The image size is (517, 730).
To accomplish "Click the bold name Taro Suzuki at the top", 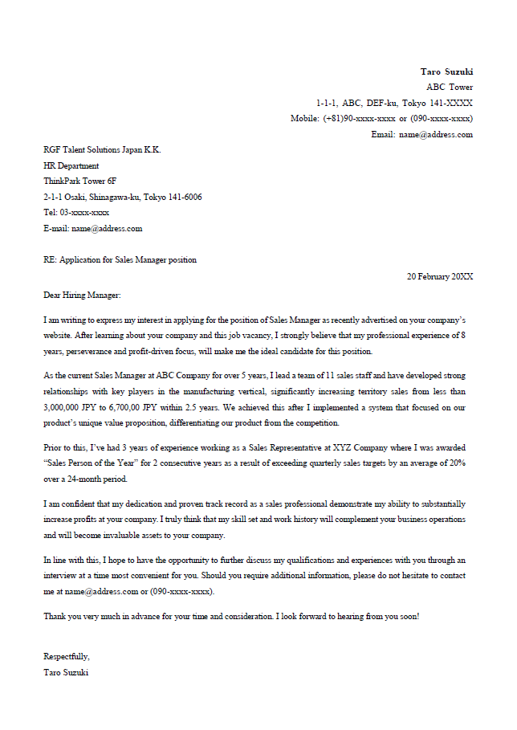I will click(446, 71).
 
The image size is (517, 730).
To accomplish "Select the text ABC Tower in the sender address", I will click(450, 87).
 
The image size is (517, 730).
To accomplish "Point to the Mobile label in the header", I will click(304, 118).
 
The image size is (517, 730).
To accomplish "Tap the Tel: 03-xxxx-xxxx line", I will click(76, 212).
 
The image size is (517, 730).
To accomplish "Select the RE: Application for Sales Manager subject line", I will click(120, 259).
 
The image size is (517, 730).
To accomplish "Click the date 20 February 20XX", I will click(440, 276).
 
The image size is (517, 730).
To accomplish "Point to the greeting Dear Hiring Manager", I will click(82, 295).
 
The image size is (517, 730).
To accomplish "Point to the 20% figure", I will click(456, 463).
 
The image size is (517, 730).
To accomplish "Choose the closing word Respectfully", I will click(67, 657).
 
